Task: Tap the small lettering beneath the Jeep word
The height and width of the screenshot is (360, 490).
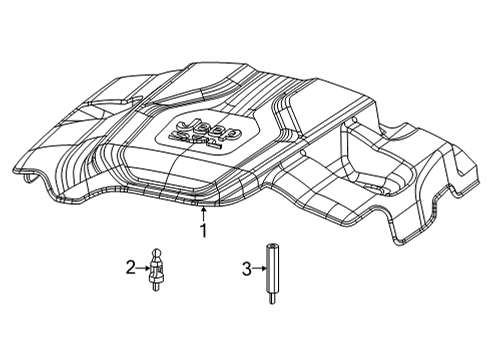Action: coord(205,141)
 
